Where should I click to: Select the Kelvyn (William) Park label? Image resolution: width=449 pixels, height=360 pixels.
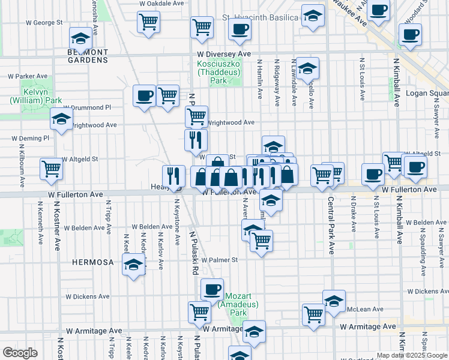(36, 96)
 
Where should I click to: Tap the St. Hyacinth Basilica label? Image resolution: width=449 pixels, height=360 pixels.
(260, 17)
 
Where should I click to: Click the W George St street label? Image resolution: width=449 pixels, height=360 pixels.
(44, 23)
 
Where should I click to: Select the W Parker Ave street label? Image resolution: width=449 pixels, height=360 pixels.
(28, 76)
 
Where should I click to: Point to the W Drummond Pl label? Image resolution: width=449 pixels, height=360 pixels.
(91, 107)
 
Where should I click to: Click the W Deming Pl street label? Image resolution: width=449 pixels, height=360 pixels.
(29, 138)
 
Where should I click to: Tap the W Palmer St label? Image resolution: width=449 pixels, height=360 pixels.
(220, 260)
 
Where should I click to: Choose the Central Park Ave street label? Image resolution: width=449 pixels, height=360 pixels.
(330, 225)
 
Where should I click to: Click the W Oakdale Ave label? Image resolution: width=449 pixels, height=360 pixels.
(161, 3)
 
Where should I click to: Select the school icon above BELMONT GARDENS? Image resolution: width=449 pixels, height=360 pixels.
(80, 39)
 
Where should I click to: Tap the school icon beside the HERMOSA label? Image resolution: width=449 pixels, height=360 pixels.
(133, 265)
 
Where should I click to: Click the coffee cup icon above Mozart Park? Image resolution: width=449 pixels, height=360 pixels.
(211, 290)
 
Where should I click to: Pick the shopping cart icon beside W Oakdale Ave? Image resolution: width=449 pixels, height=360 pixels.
(148, 22)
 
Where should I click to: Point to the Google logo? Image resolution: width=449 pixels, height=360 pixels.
(20, 353)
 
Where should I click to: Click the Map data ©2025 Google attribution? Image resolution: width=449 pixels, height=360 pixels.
(411, 355)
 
